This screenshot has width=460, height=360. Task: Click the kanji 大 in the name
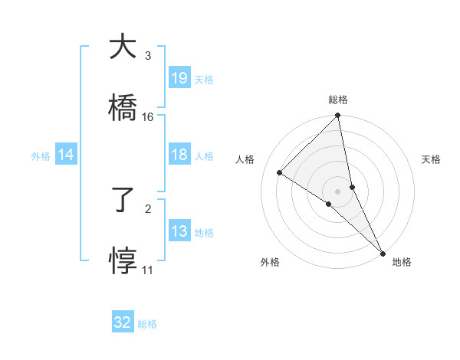(123, 47)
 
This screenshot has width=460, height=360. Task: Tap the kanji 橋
(123, 107)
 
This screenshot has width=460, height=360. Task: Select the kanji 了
(123, 201)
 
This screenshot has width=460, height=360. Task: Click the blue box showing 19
(179, 78)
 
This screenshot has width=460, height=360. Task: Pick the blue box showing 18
(179, 155)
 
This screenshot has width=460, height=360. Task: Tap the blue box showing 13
(179, 232)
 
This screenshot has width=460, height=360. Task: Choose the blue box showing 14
(66, 155)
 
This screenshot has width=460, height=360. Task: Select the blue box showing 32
(123, 322)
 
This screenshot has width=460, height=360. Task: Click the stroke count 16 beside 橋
(148, 117)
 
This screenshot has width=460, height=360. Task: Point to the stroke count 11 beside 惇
(148, 270)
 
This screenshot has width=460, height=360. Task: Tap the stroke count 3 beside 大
(148, 56)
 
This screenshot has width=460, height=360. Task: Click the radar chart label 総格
(338, 100)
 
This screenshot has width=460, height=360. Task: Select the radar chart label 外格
(270, 262)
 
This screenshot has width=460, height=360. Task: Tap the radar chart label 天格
(431, 159)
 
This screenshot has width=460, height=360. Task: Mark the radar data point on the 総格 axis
(338, 116)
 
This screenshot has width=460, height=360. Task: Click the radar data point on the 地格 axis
(382, 252)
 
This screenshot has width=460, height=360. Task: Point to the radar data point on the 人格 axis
(280, 173)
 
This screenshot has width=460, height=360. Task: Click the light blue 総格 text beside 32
(147, 324)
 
